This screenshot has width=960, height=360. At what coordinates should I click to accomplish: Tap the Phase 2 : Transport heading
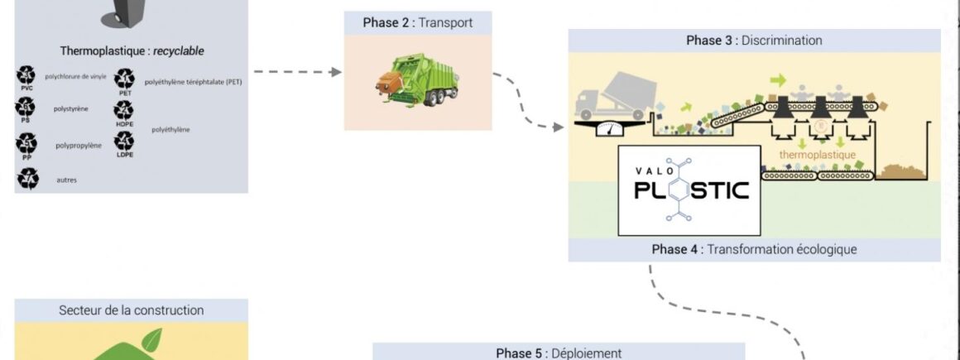pyautogui.click(x=418, y=22)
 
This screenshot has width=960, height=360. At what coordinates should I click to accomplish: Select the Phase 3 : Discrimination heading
pyautogui.click(x=754, y=41)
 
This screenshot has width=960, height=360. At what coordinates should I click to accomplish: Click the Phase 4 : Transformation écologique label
pyautogui.click(x=754, y=249)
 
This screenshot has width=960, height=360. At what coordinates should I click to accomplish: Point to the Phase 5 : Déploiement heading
pyautogui.click(x=559, y=353)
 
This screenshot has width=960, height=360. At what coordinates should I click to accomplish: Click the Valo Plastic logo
pyautogui.click(x=689, y=190)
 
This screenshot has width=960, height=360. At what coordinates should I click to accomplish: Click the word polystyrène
pyautogui.click(x=71, y=108)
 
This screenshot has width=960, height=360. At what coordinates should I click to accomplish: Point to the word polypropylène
pyautogui.click(x=79, y=146)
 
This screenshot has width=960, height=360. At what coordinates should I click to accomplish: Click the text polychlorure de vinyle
pyautogui.click(x=75, y=76)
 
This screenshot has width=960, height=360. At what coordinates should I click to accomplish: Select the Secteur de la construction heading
pyautogui.click(x=131, y=310)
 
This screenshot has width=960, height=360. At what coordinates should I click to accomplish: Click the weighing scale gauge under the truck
pyautogui.click(x=611, y=128)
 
